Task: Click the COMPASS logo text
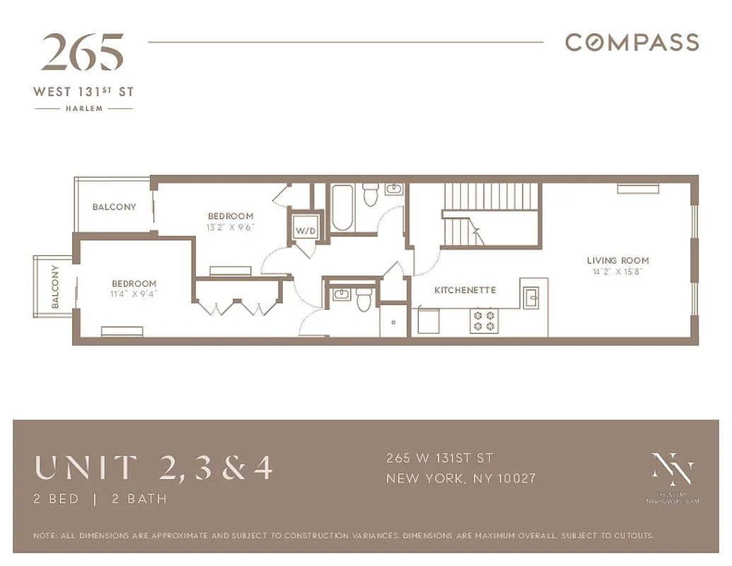[x=632, y=42]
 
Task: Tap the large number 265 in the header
[x=83, y=53]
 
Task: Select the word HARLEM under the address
[x=84, y=109]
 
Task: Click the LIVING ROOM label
[x=617, y=260]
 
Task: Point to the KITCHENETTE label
[x=465, y=290]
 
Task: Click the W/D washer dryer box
[x=305, y=230]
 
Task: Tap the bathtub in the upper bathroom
[x=342, y=207]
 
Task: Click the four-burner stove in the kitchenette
[x=485, y=320]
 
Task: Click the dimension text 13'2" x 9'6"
[x=230, y=228]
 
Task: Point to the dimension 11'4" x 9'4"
[x=134, y=294]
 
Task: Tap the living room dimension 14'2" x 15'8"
[x=617, y=272]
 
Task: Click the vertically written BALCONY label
[x=54, y=287]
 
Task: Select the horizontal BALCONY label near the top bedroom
[x=114, y=207]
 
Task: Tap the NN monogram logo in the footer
[x=672, y=470]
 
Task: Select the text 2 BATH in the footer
[x=139, y=499]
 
